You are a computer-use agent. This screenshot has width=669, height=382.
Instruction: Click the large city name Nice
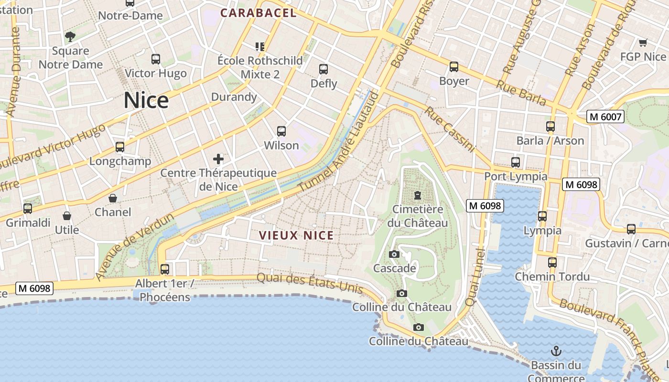tap(146, 101)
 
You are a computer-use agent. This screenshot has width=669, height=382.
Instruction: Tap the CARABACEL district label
tap(259, 13)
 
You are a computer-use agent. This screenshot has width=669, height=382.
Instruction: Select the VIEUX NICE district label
tap(296, 235)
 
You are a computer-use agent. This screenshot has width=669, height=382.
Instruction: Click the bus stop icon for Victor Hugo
tap(156, 59)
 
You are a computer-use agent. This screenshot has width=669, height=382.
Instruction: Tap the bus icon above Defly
tap(324, 69)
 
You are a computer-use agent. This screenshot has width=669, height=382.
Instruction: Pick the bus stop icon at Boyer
tap(454, 67)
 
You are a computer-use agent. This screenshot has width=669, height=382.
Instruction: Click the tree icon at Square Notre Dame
tap(70, 37)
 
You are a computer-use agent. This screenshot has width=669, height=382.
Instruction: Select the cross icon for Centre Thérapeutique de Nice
tap(218, 159)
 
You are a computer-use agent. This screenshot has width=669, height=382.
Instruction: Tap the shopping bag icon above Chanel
tap(113, 198)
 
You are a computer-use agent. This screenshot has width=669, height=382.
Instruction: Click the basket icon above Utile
tap(67, 216)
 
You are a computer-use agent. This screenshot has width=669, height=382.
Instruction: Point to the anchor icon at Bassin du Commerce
tap(556, 351)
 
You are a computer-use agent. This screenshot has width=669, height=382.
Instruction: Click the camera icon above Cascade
tap(394, 254)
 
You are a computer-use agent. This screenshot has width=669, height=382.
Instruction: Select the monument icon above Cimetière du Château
tap(418, 195)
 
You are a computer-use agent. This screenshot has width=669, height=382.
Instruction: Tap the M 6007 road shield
tap(605, 117)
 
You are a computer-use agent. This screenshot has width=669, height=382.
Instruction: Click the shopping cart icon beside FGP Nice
tap(643, 43)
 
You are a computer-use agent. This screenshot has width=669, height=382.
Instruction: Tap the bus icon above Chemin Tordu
tap(552, 262)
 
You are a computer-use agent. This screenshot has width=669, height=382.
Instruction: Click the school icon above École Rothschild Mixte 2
tap(260, 46)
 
